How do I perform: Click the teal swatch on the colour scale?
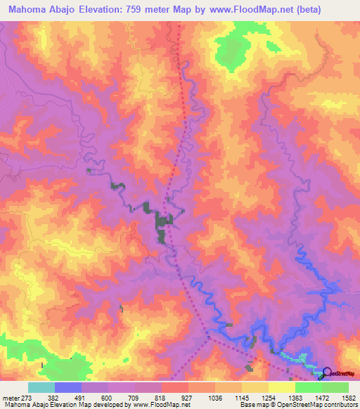pos(41,387)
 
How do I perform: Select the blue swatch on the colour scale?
pos(68,387)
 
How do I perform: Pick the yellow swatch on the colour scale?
pos(282,387)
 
